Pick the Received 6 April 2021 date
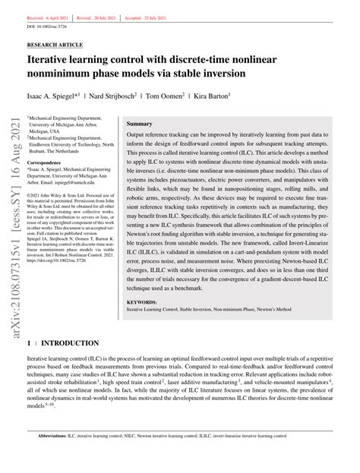click(49, 14)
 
